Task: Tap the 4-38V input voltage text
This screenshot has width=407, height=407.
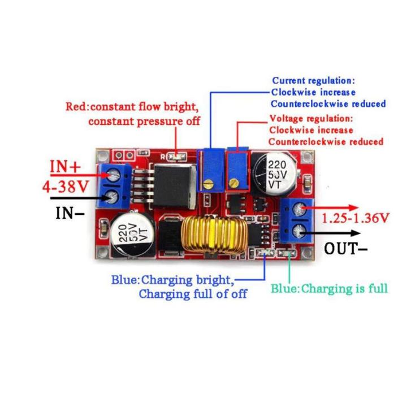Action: tap(66, 187)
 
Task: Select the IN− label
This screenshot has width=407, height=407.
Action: tap(70, 213)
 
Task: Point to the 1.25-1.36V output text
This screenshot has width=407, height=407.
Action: tap(356, 217)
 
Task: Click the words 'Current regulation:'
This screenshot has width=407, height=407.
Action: tap(313, 81)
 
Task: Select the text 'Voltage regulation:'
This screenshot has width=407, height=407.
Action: tap(311, 119)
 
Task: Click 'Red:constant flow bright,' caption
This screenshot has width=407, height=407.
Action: tap(132, 106)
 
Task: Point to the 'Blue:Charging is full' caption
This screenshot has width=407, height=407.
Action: tap(329, 288)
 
